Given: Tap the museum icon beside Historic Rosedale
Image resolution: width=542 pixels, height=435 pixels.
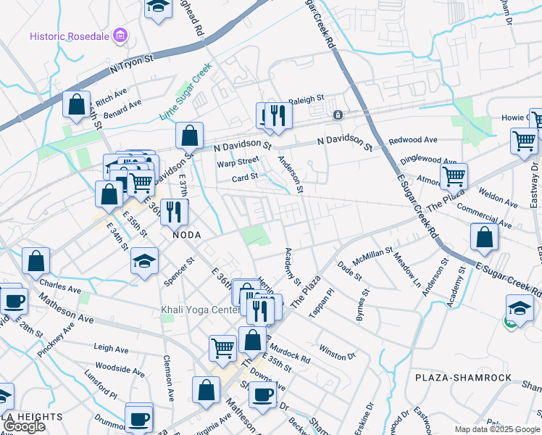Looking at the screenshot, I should pyautogui.click(x=121, y=36).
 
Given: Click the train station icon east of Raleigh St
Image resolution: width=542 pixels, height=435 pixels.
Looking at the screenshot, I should pyautogui.click(x=337, y=115).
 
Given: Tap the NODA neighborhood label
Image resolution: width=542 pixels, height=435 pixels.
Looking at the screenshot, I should pyautogui.click(x=185, y=236).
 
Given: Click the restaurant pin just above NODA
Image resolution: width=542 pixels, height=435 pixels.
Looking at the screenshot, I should pyautogui.click(x=174, y=210).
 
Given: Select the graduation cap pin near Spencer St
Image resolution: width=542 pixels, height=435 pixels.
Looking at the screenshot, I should pyautogui.click(x=145, y=260).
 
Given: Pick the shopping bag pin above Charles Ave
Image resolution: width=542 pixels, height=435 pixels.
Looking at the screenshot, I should pyautogui.click(x=36, y=260).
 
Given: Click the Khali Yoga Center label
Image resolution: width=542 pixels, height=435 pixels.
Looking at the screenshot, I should pyautogui.click(x=200, y=310).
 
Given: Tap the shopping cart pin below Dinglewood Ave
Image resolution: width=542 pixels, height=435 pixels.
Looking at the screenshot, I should pyautogui.click(x=454, y=175).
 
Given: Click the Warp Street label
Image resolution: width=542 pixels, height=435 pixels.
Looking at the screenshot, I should pyautogui.click(x=238, y=162).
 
